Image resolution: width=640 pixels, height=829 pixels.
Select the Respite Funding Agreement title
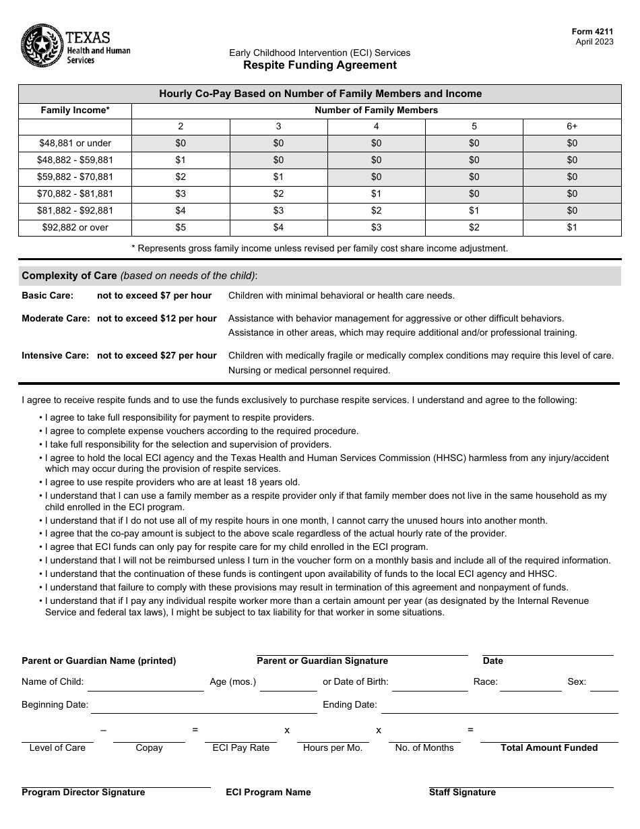coord(320,65)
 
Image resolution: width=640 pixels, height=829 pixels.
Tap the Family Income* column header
coord(75,110)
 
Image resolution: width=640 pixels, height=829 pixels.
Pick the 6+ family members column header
coord(572,126)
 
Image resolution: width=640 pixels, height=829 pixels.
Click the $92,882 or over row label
coord(75,227)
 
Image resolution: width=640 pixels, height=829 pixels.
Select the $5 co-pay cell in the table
coord(181,227)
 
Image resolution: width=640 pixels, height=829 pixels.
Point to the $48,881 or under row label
coord(75,143)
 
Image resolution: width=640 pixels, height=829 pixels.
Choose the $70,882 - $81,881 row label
coord(75,193)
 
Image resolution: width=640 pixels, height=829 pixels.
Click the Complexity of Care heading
coord(71,276)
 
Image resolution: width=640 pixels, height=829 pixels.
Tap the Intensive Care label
coord(55,355)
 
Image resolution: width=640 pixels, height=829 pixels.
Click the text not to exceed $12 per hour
coord(157,318)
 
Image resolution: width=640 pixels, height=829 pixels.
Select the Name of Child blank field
coord(146,684)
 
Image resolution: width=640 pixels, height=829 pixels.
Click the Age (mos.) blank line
coord(288,684)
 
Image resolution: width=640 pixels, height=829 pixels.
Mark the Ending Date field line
coord(499,706)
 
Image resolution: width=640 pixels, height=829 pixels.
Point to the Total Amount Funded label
coord(549,747)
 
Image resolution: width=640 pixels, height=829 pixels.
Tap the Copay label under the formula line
coord(149,747)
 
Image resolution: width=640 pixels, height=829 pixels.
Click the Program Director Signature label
coord(84,792)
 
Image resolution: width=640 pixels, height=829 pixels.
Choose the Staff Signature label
coord(462,792)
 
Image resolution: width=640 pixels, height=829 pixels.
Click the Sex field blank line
coord(604,684)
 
